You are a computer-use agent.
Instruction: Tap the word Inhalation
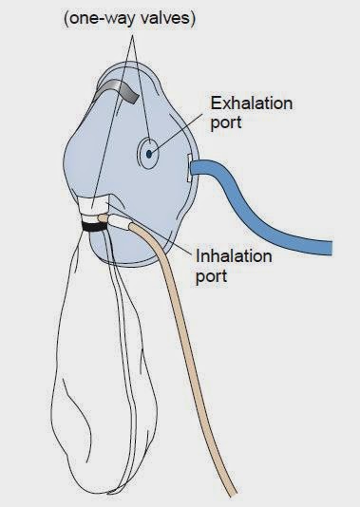coord(236,255)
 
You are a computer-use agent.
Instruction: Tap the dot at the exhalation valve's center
coord(150,149)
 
